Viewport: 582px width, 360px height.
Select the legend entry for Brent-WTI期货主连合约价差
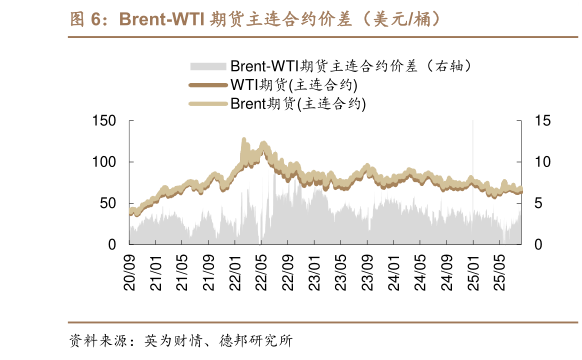coord(350,66)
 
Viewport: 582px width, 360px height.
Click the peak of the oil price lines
coord(245,140)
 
